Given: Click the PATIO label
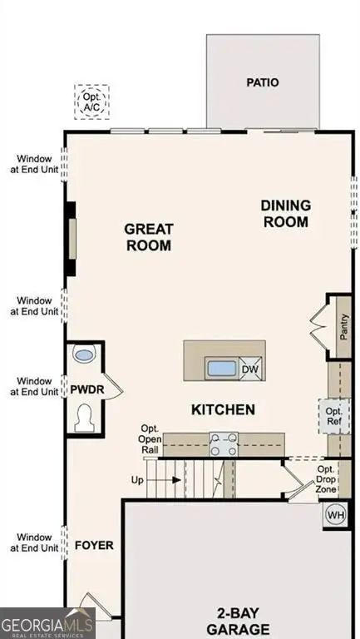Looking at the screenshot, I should tap(263, 82).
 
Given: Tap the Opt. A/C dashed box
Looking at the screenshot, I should tap(91, 102).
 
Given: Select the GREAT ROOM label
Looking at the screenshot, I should tap(148, 236).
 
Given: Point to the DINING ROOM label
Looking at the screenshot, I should tap(285, 213).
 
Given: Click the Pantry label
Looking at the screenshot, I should tap(343, 326).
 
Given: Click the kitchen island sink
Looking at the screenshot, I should tap(222, 368).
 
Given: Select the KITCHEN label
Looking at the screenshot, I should tap(223, 409).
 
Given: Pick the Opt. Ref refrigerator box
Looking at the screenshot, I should tap(333, 416).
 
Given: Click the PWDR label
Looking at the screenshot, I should tap(86, 389).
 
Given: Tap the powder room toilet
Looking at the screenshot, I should tap(84, 418).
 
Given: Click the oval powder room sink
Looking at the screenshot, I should tap(84, 355).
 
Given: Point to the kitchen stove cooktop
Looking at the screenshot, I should tap(222, 443).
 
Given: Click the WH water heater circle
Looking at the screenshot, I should tap(335, 514).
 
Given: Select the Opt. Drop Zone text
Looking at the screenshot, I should tap(325, 480).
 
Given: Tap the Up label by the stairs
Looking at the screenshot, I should tap(138, 480).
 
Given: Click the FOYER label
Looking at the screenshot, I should tap(94, 546).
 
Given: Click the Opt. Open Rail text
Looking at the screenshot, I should tap(150, 439).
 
